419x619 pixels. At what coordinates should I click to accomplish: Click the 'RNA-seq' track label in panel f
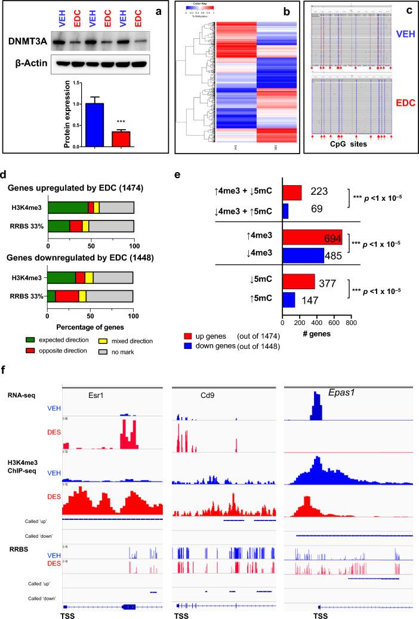pyautogui.click(x=21, y=394)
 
